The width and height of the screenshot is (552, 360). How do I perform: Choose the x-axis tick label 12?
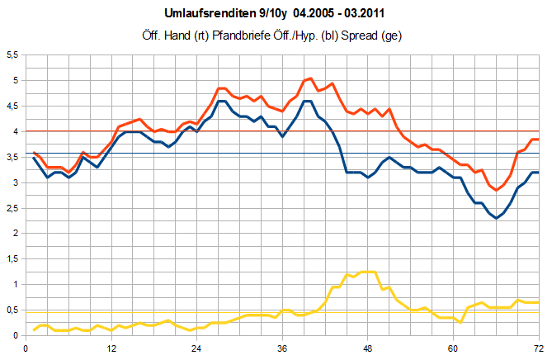111,348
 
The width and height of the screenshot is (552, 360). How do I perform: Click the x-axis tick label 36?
282,348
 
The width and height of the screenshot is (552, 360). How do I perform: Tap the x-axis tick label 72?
538,348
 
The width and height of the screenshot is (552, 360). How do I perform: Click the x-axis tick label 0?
26,348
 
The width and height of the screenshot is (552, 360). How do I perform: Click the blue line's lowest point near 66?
496,218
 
